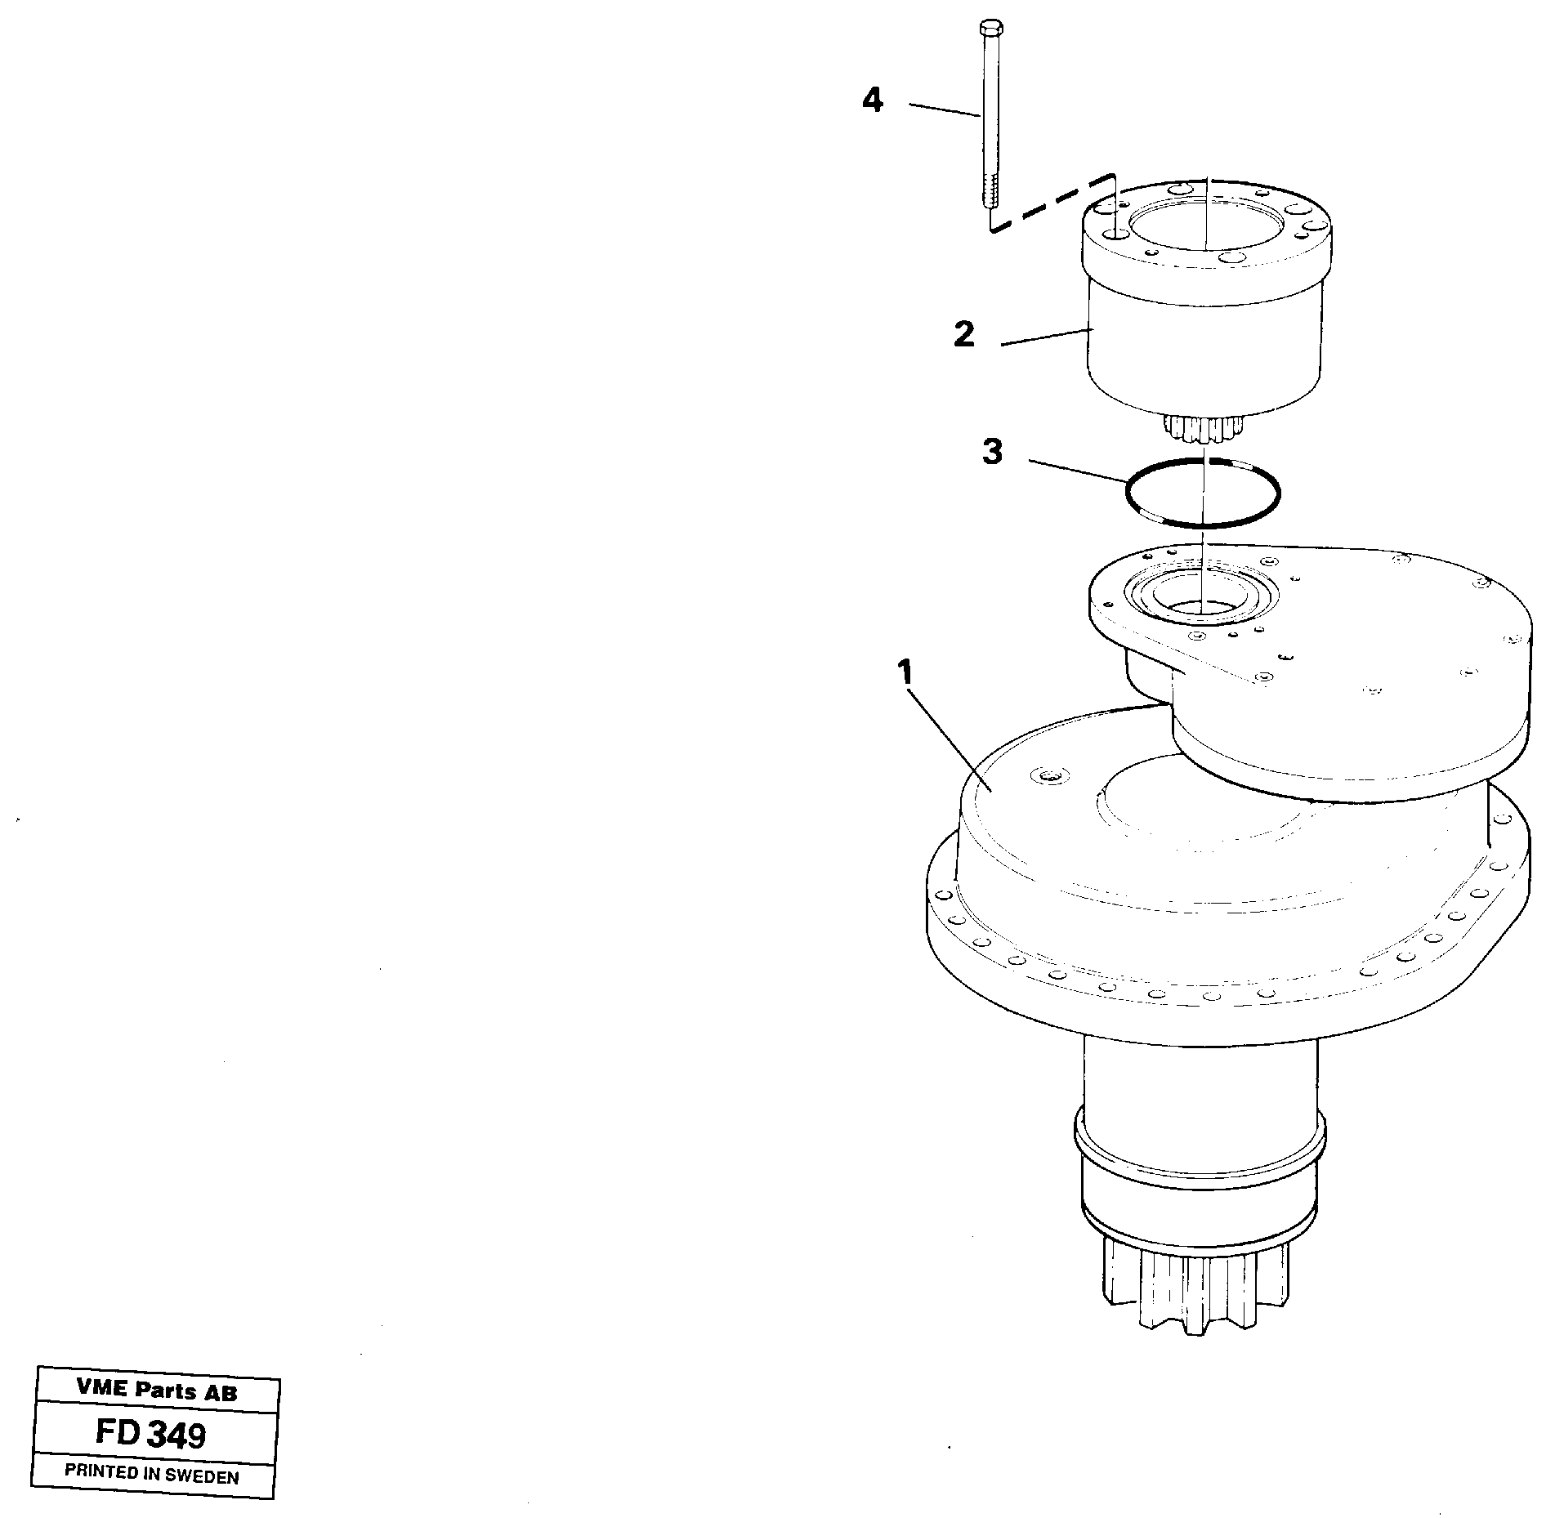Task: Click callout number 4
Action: pos(873,101)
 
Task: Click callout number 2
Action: pos(964,335)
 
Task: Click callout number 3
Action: pos(992,452)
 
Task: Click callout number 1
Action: pos(904,674)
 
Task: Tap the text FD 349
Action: pos(151,1433)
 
